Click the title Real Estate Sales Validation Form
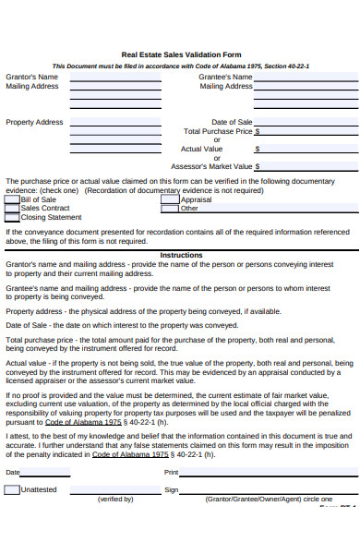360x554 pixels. point(181,54)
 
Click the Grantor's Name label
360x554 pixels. point(31,77)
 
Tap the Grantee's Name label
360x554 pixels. point(225,77)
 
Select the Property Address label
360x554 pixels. point(34,122)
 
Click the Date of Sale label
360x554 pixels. point(232,122)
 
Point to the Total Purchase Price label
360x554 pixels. point(218,131)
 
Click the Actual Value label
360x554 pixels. point(201,149)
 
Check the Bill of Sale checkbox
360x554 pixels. point(12,199)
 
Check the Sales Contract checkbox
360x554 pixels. point(12,209)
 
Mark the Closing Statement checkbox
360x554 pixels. point(12,217)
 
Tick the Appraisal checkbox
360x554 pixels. point(170,199)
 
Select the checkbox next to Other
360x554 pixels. point(170,209)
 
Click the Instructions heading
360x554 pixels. point(181,255)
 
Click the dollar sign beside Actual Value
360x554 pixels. point(258,149)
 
